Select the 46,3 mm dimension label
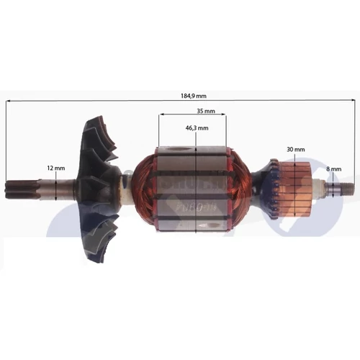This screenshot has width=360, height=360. [197, 127]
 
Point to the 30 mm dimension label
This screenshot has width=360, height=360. [294, 148]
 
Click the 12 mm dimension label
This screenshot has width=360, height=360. [55, 168]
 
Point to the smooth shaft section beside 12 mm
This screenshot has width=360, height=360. [58, 191]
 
